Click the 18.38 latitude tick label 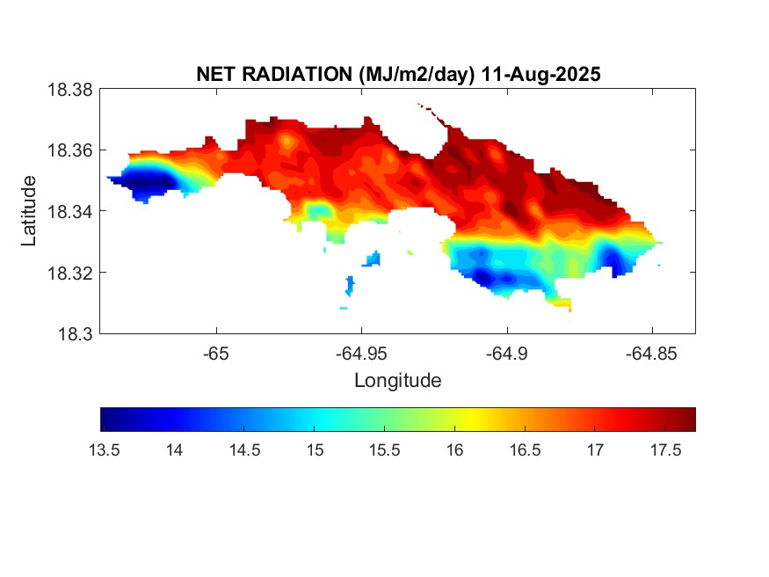[x=69, y=90]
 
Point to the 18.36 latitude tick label [x=69, y=150]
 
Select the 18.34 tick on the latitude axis [x=69, y=211]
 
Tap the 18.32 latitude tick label [x=69, y=273]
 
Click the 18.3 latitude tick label [x=74, y=333]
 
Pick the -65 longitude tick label [x=216, y=354]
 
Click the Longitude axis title [x=397, y=381]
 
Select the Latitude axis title [x=29, y=211]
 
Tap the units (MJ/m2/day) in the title [x=417, y=75]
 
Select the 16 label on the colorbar [x=454, y=450]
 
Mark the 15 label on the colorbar [x=315, y=450]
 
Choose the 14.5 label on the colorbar [x=244, y=450]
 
